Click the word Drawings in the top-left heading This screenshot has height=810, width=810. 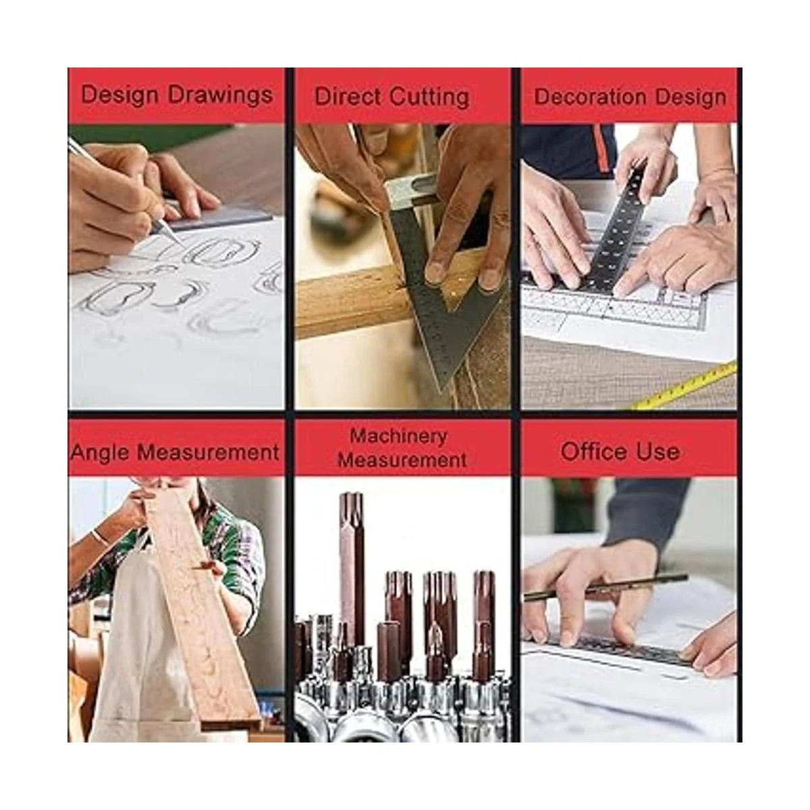[220, 95]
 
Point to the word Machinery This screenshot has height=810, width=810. [398, 437]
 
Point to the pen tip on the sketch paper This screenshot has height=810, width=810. [182, 244]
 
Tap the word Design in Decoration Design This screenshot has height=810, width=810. [691, 98]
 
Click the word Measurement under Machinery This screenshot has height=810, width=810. [403, 460]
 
